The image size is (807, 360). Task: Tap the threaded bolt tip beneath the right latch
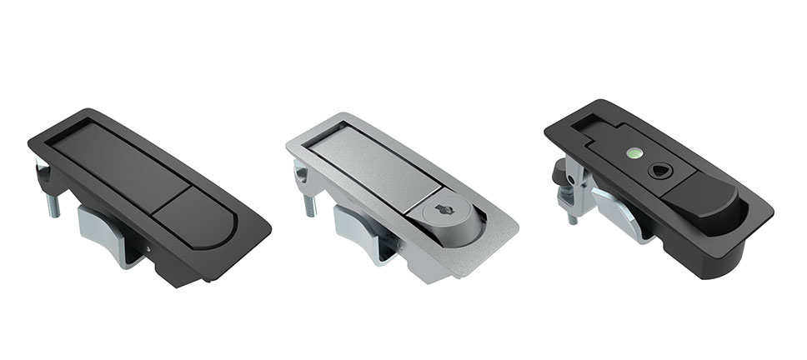click(x=573, y=217)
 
